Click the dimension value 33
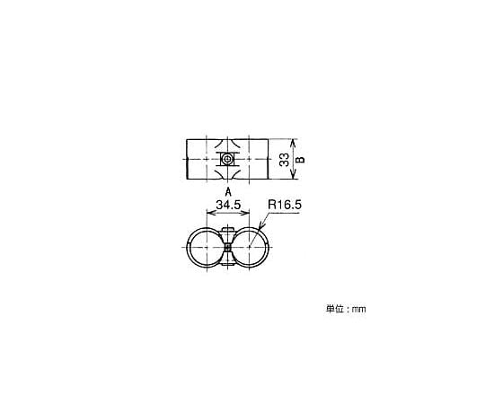tap(284, 160)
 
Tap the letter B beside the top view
tap(300, 160)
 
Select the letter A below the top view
tap(228, 191)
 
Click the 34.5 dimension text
tap(228, 205)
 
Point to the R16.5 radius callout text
tap(284, 205)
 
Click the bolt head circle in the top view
tap(227, 159)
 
